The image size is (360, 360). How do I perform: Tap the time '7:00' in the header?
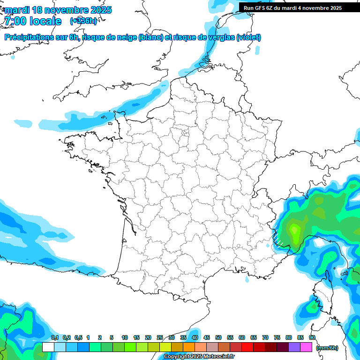click(15, 21)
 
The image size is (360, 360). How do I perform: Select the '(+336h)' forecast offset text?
click(83, 21)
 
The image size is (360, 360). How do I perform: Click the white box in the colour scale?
click(48, 347)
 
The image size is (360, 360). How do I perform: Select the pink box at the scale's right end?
click(306, 347)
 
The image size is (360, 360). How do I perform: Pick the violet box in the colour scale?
click(294, 347)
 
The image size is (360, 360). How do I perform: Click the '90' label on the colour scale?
click(312, 337)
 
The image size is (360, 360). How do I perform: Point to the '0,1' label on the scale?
click(55, 337)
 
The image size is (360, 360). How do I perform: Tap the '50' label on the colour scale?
click(218, 337)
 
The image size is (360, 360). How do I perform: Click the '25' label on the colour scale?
click(160, 337)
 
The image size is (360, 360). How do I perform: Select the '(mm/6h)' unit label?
click(327, 347)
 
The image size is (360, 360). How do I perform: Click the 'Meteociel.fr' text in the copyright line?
click(219, 357)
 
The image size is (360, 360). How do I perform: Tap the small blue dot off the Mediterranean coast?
click(247, 279)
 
